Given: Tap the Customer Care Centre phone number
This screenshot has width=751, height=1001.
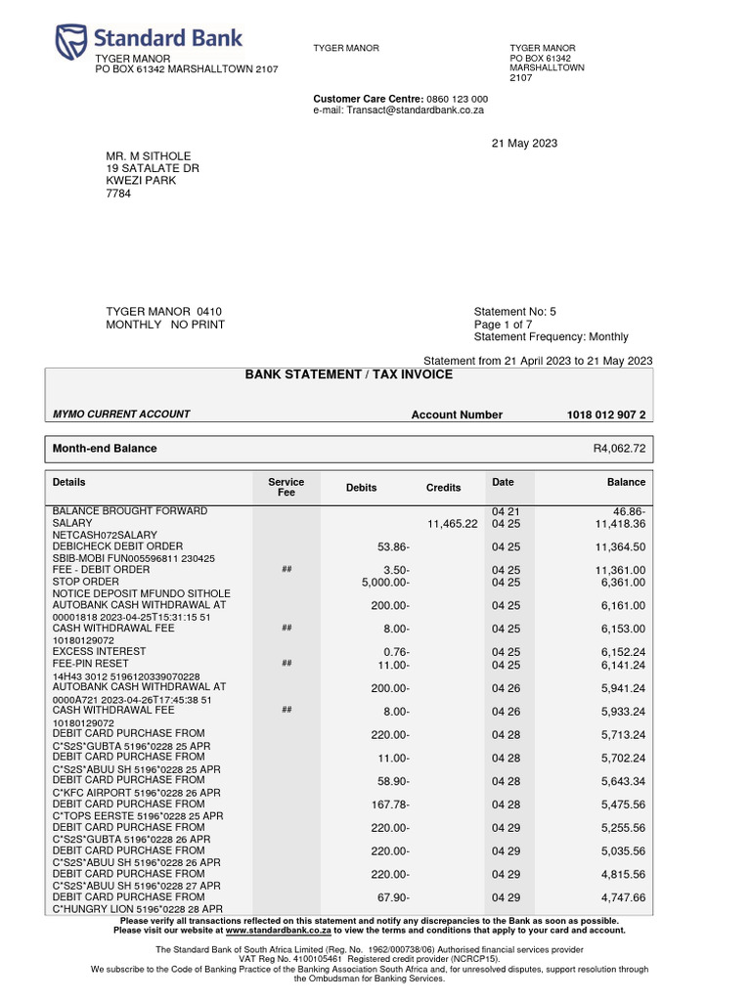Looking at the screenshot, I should [459, 100].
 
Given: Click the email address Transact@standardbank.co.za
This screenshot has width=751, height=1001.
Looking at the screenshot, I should [421, 111].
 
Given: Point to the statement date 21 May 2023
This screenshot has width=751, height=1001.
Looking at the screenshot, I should [523, 144].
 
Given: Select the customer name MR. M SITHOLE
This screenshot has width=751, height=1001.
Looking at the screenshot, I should [149, 156].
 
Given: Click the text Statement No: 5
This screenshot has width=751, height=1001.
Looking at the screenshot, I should [514, 312].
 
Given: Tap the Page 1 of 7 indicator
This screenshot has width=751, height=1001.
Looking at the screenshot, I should [503, 325].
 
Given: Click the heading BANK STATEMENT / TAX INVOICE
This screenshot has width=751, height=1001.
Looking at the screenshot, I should [348, 374].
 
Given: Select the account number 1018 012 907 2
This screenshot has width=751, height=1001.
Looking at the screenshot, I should [606, 414].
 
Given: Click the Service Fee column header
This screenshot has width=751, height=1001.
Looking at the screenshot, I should [286, 488].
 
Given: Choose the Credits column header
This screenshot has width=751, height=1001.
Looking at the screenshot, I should [443, 488].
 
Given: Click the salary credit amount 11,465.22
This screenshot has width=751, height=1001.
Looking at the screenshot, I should [452, 524].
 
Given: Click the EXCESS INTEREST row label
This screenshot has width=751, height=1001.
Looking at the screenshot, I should [99, 651].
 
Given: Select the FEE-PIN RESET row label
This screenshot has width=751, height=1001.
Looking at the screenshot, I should [95, 663].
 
